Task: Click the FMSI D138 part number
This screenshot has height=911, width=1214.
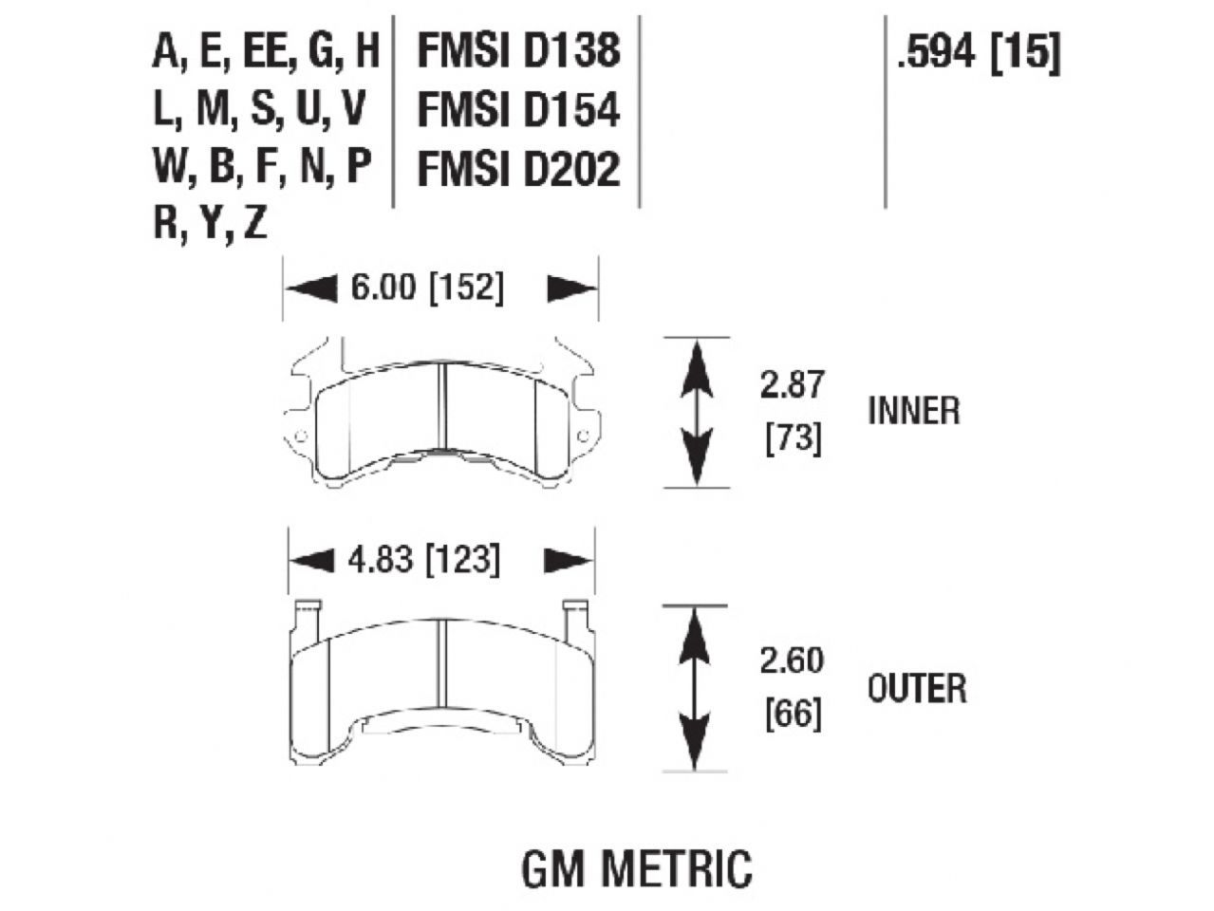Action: point(518,51)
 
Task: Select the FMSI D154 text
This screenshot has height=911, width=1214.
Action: point(518,110)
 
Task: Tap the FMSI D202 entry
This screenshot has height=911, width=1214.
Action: point(518,170)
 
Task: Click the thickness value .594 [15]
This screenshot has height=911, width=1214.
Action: point(978,53)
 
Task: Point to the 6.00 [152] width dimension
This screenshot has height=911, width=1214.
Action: point(427,288)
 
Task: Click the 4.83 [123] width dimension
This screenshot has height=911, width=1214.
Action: point(423,560)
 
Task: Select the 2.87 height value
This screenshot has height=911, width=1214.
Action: point(792,385)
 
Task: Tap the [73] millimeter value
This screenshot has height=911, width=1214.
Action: point(793,439)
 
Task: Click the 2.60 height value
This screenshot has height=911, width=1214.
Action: point(792,660)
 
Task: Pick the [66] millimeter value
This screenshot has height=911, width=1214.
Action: point(793,714)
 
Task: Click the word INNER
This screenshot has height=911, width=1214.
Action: point(913,412)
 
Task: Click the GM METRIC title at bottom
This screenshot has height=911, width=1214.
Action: point(636,867)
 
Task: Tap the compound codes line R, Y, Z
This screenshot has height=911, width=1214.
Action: point(211,224)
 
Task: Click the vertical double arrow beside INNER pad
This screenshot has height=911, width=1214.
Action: point(698,412)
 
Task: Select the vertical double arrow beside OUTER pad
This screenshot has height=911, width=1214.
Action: point(698,688)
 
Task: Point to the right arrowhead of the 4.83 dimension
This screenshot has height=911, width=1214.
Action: point(568,561)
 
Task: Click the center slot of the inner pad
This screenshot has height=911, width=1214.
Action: point(441,410)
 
